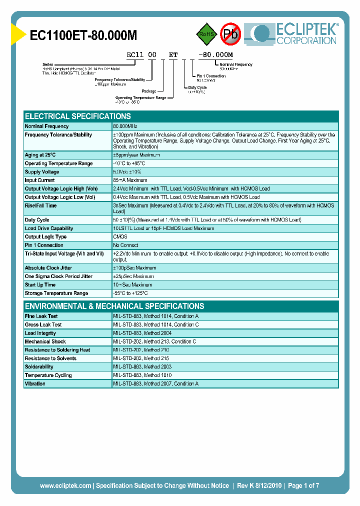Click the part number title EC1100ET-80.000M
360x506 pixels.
tap(83, 35)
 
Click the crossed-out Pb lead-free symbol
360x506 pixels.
tap(231, 34)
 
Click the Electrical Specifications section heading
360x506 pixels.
tap(78, 116)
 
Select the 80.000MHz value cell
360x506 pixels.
tap(125, 126)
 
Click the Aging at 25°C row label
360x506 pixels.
tap(40, 155)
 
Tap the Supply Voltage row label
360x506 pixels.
tap(42, 172)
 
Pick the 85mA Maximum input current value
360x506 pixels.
tap(130, 180)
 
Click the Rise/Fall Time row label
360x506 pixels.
tap(40, 205)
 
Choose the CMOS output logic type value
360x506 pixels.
tap(120, 237)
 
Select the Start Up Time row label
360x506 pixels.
tap(40, 285)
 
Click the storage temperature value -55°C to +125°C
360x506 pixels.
tap(130, 293)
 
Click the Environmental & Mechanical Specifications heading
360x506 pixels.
tap(114, 306)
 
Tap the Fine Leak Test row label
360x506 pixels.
tap(41, 316)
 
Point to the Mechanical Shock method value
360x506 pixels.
tap(154, 342)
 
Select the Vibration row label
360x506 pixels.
tap(35, 384)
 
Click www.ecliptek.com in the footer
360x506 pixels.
tap(65, 485)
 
